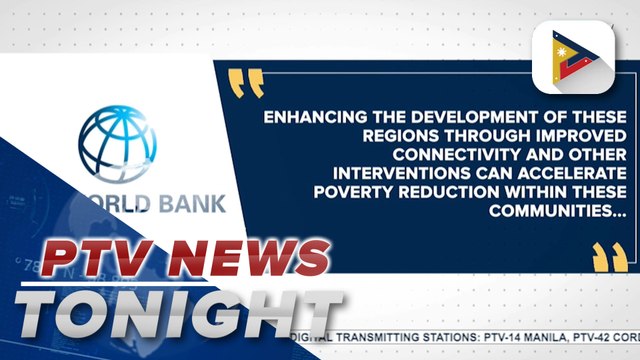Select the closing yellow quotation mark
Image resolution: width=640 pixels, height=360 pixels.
pyautogui.click(x=604, y=257)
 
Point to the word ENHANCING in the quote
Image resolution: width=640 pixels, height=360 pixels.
pyautogui.click(x=306, y=118)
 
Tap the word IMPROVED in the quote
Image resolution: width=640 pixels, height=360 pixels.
pyautogui.click(x=515, y=137)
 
